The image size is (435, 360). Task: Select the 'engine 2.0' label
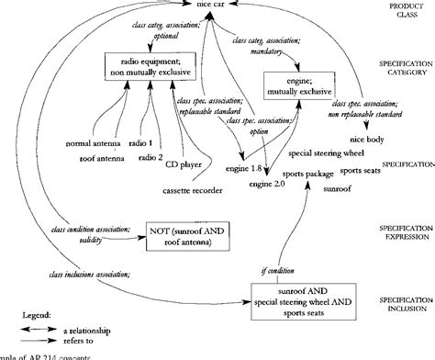267,185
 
